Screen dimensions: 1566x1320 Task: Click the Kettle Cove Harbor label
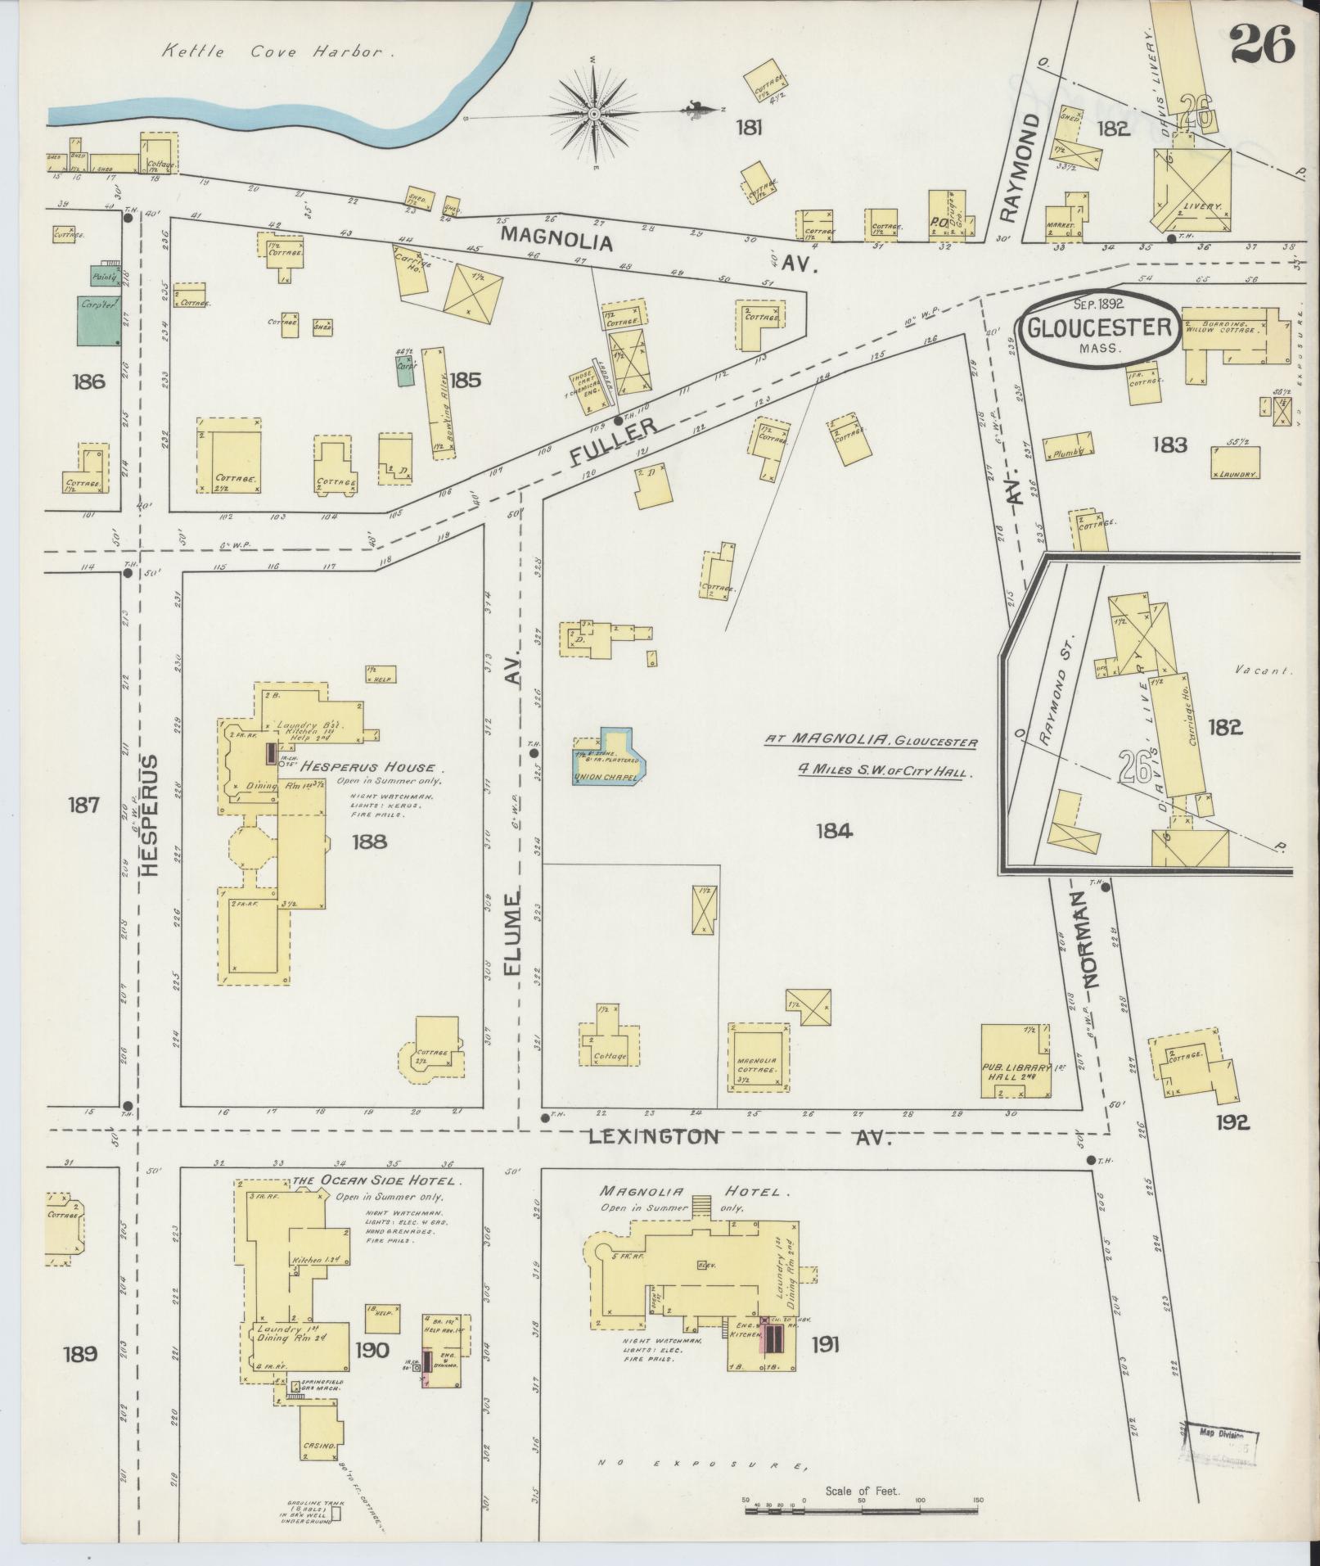(272, 52)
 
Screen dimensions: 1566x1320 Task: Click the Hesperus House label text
(371, 768)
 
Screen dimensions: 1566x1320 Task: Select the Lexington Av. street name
(655, 1136)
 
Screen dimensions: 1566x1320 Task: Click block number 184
(834, 832)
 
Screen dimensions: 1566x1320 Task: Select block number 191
(825, 1344)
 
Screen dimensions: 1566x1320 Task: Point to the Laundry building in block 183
(1235, 463)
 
